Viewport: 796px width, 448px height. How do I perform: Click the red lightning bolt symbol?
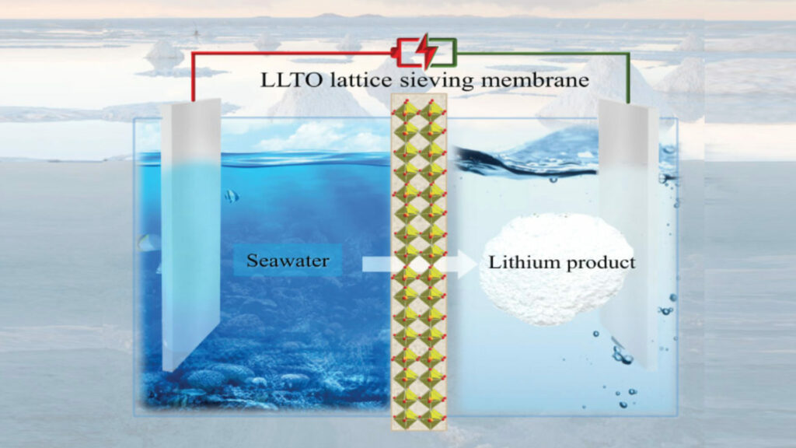(x=428, y=51)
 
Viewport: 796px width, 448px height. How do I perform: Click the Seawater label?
(x=288, y=261)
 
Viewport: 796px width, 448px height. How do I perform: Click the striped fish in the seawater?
(x=232, y=196)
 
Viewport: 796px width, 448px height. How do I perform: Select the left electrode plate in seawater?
(x=191, y=233)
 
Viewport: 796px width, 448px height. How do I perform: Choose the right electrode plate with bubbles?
(x=628, y=233)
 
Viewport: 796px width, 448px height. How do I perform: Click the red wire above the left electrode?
(x=293, y=53)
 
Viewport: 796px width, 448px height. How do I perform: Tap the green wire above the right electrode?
(x=543, y=53)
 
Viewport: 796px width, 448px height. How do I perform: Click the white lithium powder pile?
(x=557, y=270)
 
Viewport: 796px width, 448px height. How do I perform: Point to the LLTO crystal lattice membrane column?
(x=419, y=261)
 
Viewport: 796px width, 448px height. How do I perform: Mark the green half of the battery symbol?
(x=445, y=52)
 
